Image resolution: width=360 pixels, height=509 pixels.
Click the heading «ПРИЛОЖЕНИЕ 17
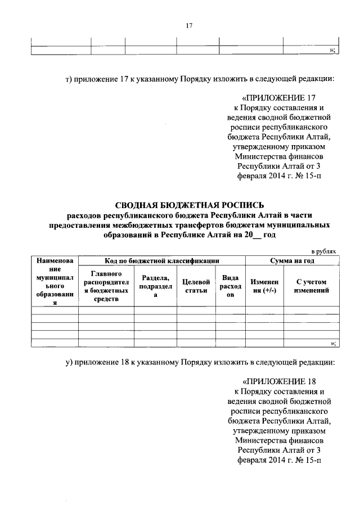tap(279, 97)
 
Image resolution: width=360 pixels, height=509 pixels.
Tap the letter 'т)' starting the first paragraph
tap(67, 79)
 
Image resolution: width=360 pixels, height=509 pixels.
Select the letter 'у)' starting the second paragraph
tap(67, 362)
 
